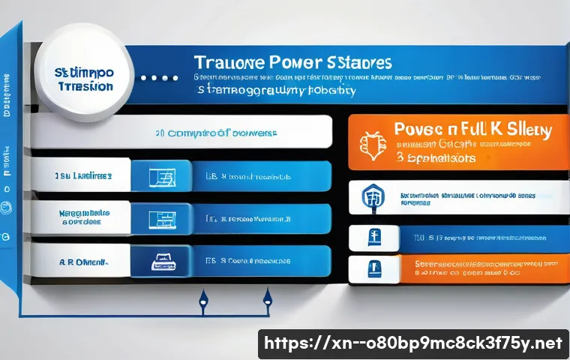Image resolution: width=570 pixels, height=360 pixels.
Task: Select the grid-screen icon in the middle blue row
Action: (x=161, y=219)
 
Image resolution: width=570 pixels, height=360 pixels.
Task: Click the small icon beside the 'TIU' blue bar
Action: (x=373, y=238)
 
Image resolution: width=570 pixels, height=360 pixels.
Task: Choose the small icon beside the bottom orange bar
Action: (x=373, y=268)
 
